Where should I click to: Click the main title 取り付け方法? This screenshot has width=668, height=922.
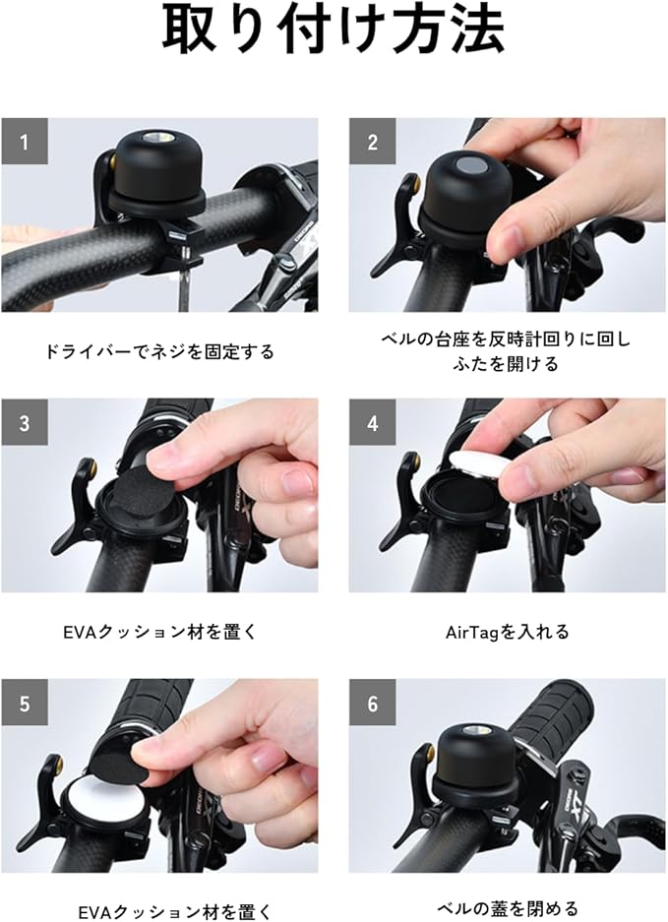(x=334, y=30)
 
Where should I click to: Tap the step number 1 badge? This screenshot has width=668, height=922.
(x=25, y=142)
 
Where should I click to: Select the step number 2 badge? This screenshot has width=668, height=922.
(x=372, y=142)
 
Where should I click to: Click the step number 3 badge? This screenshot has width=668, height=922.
(x=25, y=423)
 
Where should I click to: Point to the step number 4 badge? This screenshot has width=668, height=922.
(x=372, y=423)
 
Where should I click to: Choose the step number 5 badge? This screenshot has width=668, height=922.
(x=25, y=704)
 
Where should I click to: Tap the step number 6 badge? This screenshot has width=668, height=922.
(x=372, y=704)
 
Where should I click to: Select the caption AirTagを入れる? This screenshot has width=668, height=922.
(x=508, y=632)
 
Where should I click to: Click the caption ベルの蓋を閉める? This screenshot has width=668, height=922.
(x=508, y=908)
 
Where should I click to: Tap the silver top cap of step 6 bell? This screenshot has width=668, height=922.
(x=475, y=731)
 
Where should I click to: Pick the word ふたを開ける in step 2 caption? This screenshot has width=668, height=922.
(x=505, y=364)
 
